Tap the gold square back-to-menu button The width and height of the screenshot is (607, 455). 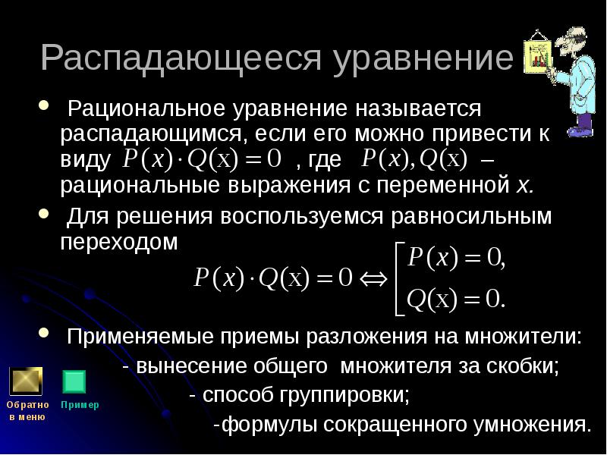pyautogui.click(x=26, y=381)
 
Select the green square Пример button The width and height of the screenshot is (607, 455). pyautogui.click(x=74, y=381)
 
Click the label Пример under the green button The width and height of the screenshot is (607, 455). pyautogui.click(x=80, y=405)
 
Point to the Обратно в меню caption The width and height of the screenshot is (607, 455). pyautogui.click(x=28, y=410)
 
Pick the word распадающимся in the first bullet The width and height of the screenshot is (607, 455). pyautogui.click(x=151, y=133)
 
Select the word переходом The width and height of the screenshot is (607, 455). pyautogui.click(x=121, y=243)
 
